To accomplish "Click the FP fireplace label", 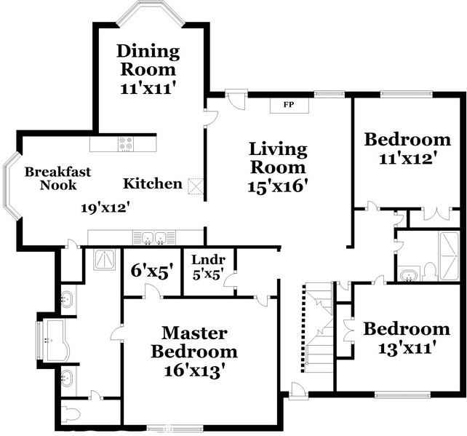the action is coord(289,105).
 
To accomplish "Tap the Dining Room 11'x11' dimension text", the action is coord(147,89).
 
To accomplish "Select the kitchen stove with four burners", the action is coord(126,144).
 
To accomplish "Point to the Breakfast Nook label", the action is coord(57,178).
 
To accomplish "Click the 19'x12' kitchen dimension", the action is coord(105,207).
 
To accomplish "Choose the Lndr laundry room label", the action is coord(209,260).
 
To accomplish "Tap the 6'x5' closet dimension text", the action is coord(152,271).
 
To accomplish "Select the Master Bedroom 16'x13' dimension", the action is coord(194,371).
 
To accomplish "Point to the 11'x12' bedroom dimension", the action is coord(407,159).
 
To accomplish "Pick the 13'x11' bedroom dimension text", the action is coord(407,347).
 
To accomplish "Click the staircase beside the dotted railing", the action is coord(319,327).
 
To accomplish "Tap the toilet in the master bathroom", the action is coord(72,413).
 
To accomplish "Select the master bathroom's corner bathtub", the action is coord(56,341).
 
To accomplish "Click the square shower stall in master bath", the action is coord(105,260).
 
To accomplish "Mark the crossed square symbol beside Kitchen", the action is coord(196,186).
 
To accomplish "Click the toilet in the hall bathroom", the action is coord(429,271).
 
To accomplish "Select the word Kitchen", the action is coord(153,183).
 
